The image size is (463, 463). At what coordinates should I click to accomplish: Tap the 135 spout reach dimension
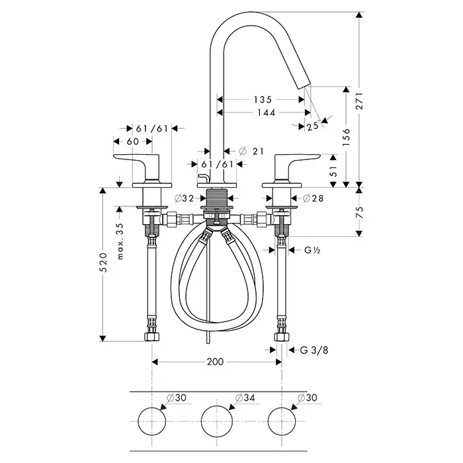pos(263,100)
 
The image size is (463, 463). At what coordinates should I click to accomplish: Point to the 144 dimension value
pos(263,112)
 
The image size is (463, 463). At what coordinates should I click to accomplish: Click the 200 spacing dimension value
pos(216,362)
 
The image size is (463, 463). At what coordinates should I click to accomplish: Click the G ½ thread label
pos(313,250)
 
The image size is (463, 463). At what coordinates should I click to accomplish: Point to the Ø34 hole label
pos(245,398)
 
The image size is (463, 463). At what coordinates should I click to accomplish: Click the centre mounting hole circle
pos(216,421)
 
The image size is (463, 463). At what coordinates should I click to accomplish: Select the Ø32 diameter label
pos(183,198)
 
